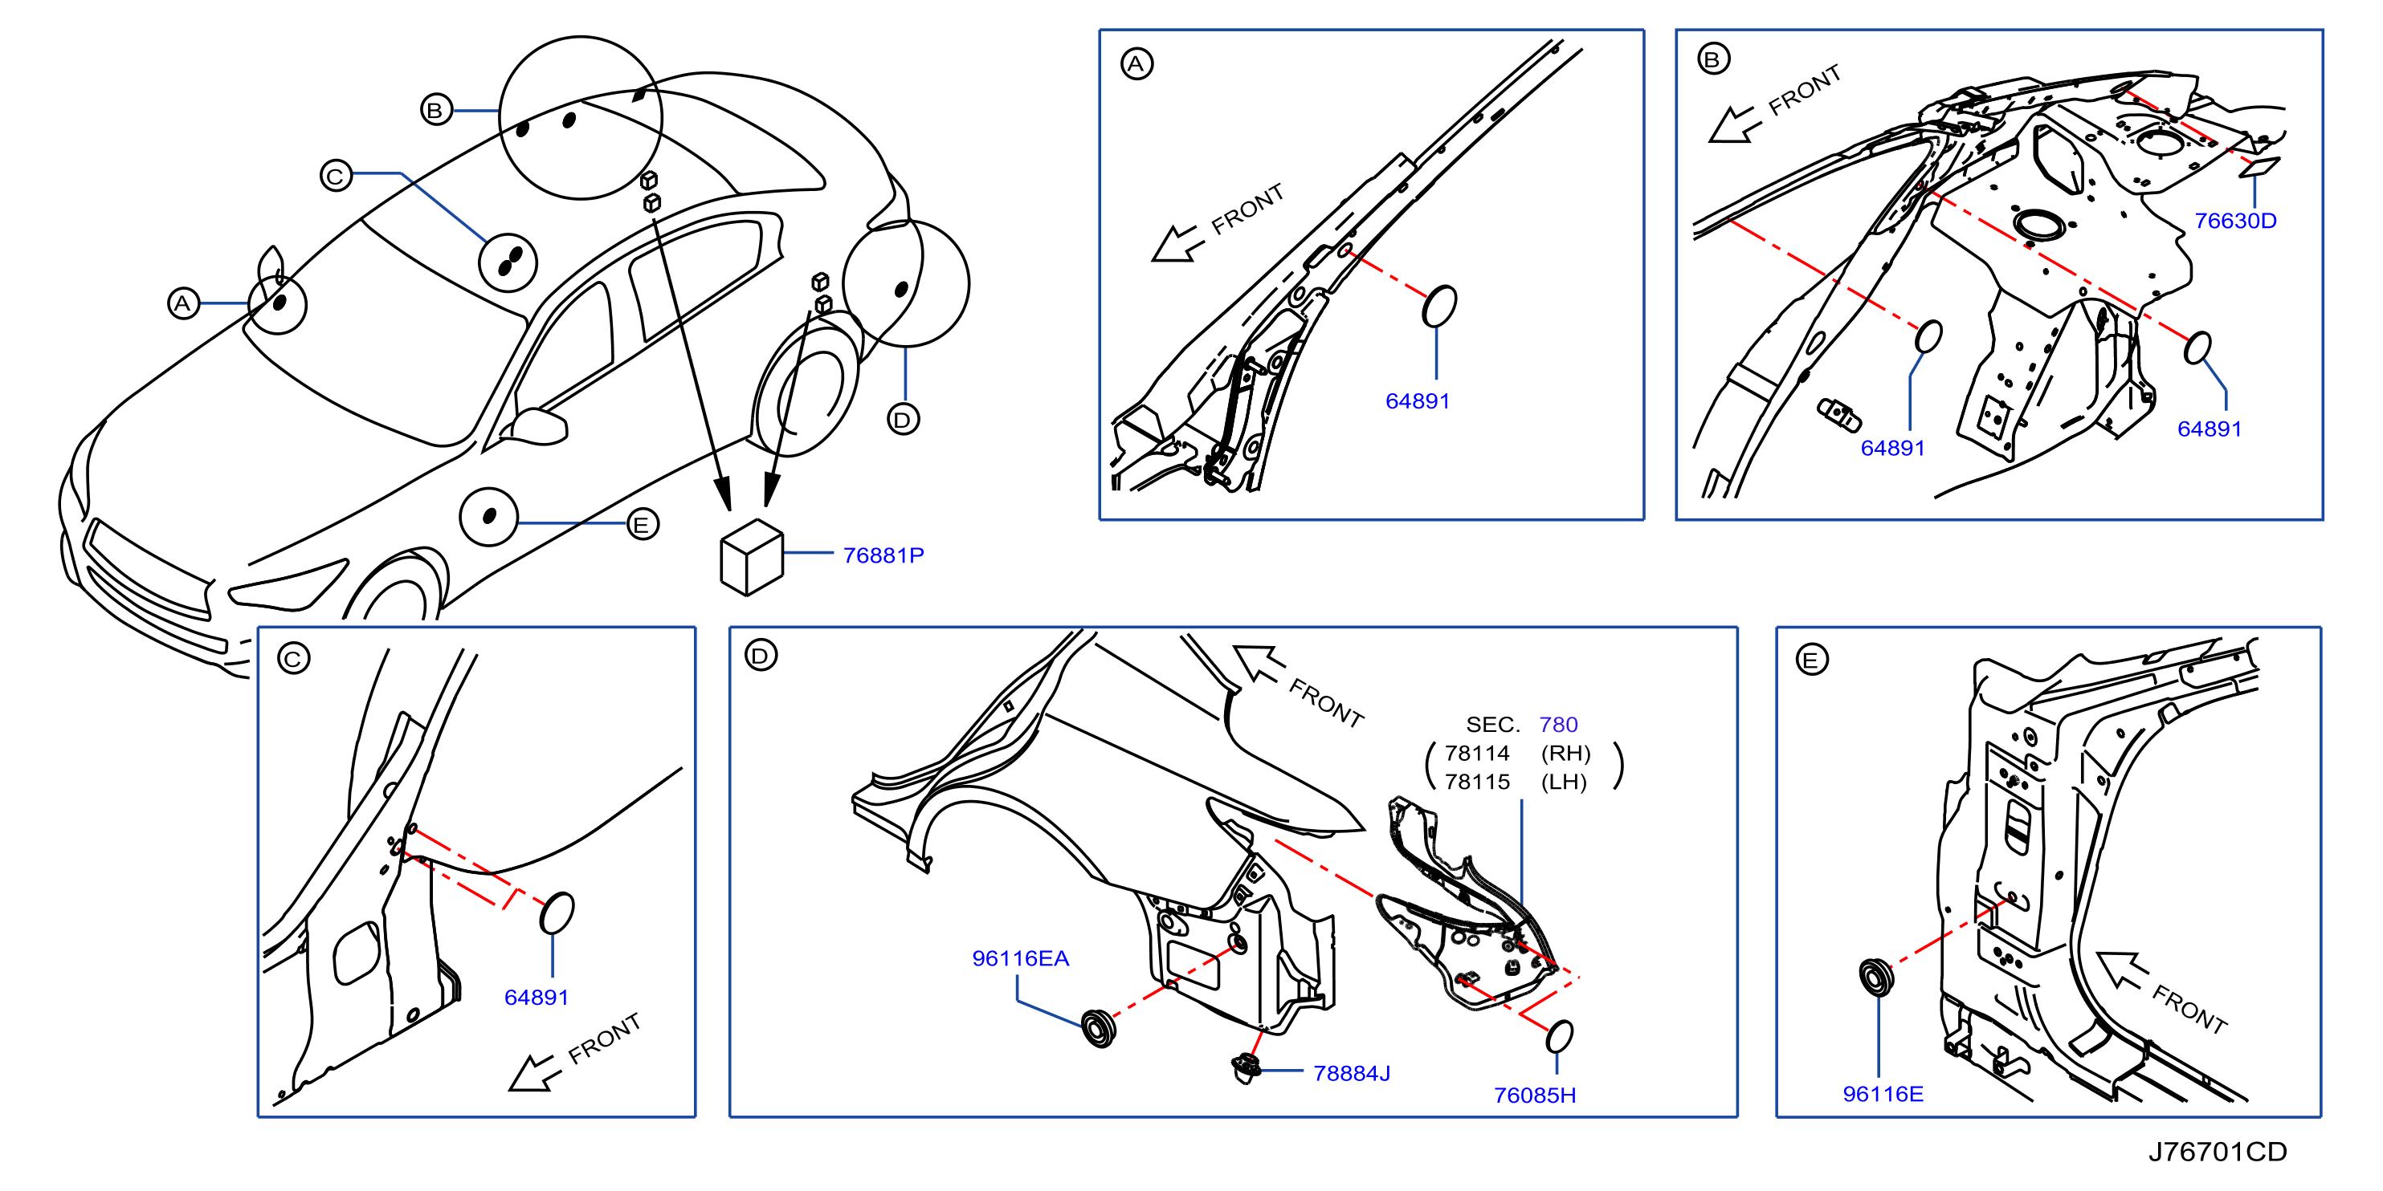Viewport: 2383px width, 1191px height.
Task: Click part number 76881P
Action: [x=883, y=555]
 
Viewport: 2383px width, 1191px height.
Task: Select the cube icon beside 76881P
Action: [x=752, y=558]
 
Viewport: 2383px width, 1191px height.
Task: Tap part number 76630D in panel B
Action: [x=2235, y=220]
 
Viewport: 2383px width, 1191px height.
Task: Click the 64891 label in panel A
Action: [x=1418, y=400]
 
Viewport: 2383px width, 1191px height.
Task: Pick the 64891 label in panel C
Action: [x=537, y=997]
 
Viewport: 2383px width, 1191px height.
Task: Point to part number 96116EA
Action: [x=1020, y=958]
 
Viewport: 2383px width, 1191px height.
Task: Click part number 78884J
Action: [x=1352, y=1073]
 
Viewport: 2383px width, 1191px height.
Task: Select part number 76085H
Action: [x=1535, y=1095]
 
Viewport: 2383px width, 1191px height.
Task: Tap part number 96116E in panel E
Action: [x=1883, y=1094]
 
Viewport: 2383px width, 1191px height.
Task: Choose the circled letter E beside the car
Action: [x=642, y=524]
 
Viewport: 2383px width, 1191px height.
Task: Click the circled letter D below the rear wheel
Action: [x=903, y=420]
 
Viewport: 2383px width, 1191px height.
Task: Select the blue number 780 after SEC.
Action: [x=1558, y=724]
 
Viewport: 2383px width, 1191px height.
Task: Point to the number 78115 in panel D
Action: [x=1476, y=782]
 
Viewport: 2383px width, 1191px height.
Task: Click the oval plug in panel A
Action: [x=1438, y=306]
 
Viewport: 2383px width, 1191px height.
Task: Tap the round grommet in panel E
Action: [x=1876, y=978]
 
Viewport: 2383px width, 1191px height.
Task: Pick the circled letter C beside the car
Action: [x=336, y=175]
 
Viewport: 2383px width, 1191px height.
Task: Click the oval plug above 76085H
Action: [x=1559, y=1035]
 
